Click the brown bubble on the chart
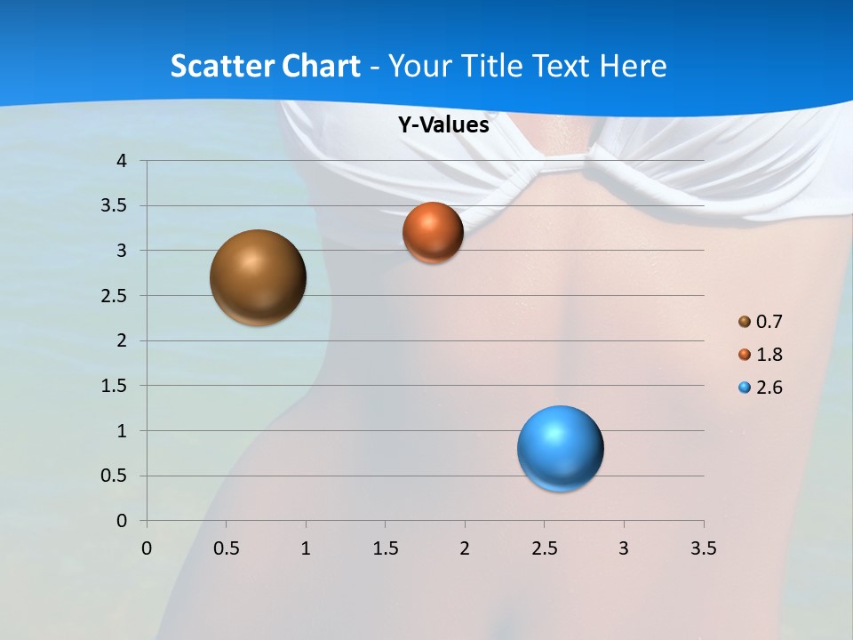click(258, 277)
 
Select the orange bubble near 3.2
click(433, 232)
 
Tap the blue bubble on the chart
click(560, 448)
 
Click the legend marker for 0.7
click(745, 322)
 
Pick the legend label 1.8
click(769, 355)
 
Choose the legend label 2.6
click(769, 388)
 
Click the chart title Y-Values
click(443, 125)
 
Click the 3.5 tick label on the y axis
click(116, 206)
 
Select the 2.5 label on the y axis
click(116, 296)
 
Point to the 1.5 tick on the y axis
click(116, 386)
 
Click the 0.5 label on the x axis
click(226, 548)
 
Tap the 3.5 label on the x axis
click(703, 548)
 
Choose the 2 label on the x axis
click(465, 548)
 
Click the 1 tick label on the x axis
click(306, 548)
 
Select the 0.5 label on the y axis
click(116, 476)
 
